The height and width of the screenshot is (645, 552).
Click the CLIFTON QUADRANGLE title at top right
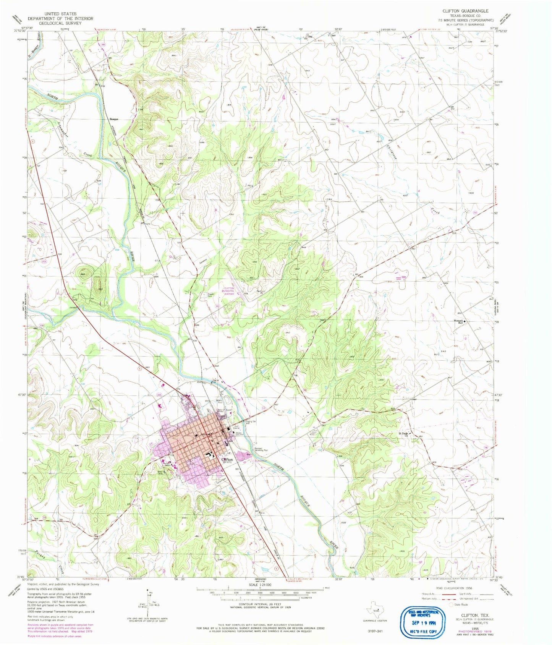[x=465, y=11]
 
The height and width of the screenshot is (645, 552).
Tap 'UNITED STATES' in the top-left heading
[x=60, y=13]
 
